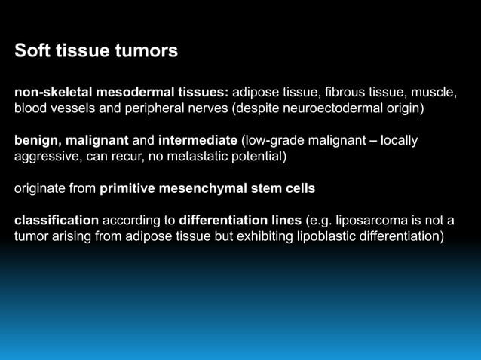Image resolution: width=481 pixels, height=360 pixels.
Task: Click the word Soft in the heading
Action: tap(31, 52)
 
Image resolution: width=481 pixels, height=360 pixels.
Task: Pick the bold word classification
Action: tap(57, 221)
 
